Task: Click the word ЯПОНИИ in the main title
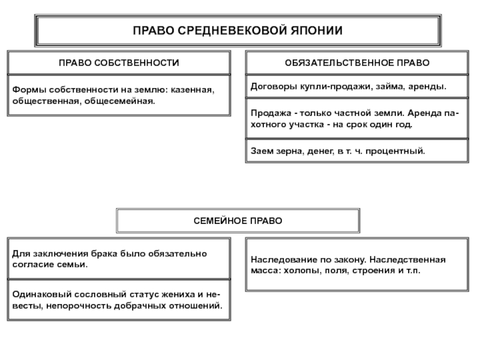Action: coord(319,30)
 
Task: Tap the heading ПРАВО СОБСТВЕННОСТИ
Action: coord(119,63)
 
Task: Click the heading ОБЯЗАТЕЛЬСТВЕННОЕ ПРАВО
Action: coord(357,63)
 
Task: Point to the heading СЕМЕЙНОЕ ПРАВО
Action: coord(238,221)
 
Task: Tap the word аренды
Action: coord(428,86)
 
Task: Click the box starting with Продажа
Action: coord(357,119)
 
